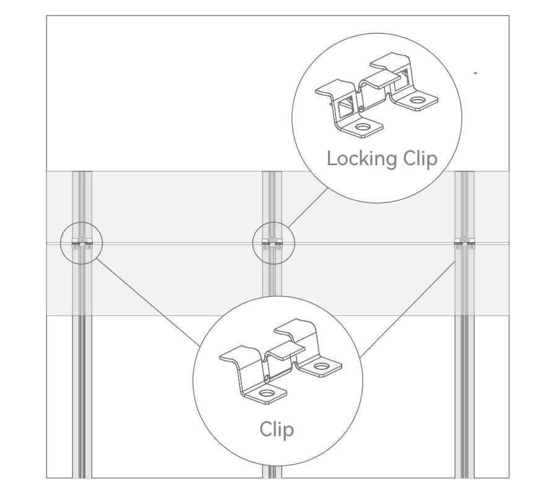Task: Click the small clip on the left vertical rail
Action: point(82,243)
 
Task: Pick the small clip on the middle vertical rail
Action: point(272,243)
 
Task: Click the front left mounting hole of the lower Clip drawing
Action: point(267,393)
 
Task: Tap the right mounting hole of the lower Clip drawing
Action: point(320,368)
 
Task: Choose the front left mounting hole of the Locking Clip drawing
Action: point(361,127)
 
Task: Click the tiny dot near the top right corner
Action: point(475,73)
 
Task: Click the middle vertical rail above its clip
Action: point(272,198)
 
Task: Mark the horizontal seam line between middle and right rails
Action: point(371,243)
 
